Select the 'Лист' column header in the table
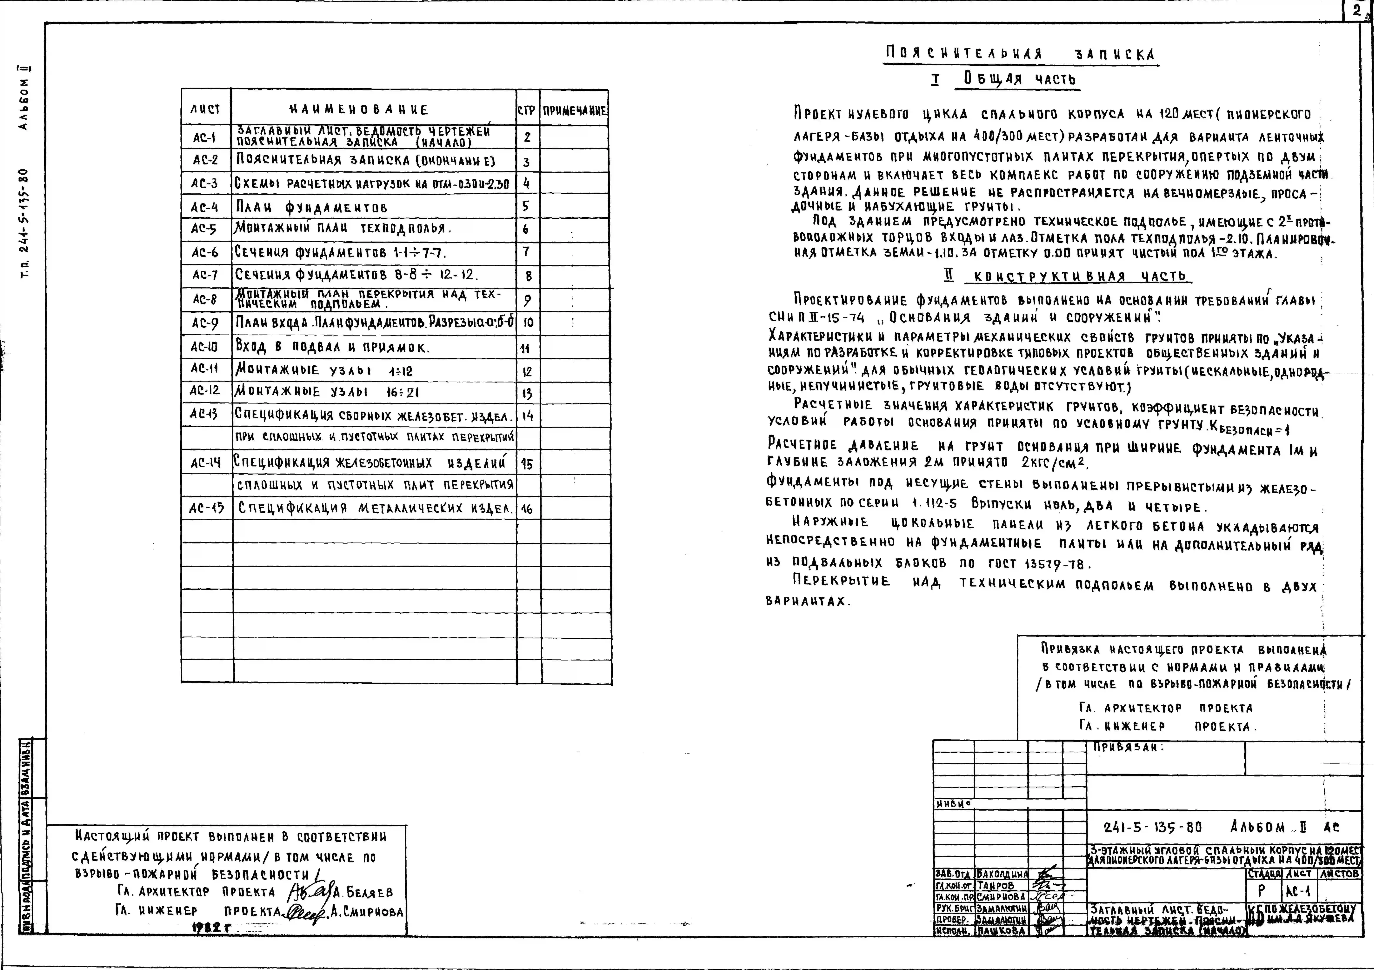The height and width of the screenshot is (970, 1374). point(205,109)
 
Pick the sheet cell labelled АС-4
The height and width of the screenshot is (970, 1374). point(205,207)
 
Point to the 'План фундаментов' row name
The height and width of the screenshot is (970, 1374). point(311,207)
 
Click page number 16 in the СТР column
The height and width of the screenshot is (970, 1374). point(527,509)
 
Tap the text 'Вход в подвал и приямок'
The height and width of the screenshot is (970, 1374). point(332,346)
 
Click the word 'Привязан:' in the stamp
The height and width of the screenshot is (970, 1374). point(1128,747)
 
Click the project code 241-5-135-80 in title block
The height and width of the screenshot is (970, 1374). point(1152,828)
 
